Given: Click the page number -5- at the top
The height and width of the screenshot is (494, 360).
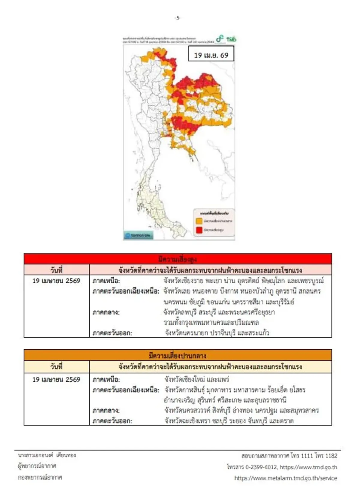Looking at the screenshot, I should [178, 18].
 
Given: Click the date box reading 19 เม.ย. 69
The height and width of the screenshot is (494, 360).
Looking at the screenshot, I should [211, 55].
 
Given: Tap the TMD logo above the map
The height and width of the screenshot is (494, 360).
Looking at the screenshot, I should [231, 39].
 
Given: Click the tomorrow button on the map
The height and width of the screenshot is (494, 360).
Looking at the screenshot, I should [138, 235].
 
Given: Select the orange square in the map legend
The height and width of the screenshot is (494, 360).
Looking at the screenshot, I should [199, 221].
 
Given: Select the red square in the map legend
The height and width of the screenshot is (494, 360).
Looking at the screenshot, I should [199, 230].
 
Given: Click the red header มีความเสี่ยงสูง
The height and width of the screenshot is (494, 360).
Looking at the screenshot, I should [178, 259].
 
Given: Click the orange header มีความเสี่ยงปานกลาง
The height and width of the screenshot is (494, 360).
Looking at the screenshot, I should [178, 356].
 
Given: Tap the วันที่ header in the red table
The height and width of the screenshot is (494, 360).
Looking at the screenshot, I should [56, 270].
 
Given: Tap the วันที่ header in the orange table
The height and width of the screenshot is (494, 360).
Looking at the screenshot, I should [56, 366].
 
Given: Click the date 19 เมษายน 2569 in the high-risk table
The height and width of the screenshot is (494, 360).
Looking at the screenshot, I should [56, 281].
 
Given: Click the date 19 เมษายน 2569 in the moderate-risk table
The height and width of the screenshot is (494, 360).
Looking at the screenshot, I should [56, 379].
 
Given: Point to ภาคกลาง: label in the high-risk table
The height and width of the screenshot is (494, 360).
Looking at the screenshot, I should [106, 312].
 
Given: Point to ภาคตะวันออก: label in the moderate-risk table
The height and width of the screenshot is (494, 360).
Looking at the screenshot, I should [112, 421].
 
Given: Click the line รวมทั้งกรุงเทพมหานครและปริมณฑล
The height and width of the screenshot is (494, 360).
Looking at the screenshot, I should [211, 323].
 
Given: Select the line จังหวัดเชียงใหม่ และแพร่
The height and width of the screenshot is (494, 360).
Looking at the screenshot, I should [196, 379].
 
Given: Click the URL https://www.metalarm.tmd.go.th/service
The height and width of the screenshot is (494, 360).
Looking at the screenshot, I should [286, 478].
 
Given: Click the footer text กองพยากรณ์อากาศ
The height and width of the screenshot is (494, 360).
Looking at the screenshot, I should [40, 477].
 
